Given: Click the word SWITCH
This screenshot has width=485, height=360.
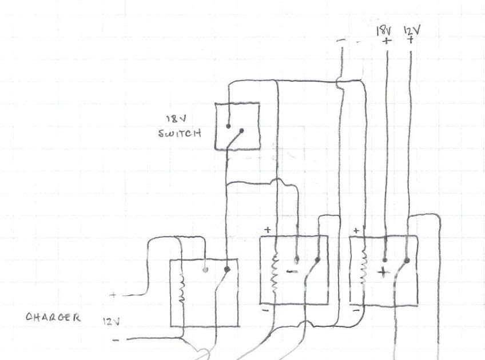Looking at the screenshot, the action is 179,135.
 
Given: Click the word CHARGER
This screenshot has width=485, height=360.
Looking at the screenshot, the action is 53,318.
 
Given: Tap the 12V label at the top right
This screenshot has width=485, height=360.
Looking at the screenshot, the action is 411,30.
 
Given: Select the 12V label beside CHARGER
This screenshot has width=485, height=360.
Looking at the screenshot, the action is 110,322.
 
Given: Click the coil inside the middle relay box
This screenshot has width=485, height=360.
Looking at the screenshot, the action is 275,273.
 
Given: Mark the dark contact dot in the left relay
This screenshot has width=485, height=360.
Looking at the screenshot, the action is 227,269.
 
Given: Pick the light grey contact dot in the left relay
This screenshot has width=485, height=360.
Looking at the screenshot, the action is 205,269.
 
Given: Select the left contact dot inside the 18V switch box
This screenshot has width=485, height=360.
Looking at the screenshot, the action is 228,126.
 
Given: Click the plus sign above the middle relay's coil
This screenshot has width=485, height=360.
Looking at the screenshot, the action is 267,229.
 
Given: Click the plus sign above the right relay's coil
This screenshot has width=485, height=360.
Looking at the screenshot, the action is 356,230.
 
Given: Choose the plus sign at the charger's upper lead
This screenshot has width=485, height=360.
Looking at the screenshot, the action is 113,295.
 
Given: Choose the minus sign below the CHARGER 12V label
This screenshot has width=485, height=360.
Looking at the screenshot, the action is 116,339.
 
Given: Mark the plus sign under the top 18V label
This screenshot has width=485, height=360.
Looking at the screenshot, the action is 387,41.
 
